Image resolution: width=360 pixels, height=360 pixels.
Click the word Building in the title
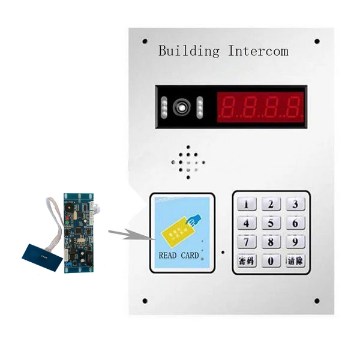click(189, 51)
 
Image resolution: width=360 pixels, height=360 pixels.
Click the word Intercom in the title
click(258, 51)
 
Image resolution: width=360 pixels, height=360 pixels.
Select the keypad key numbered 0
click(271, 261)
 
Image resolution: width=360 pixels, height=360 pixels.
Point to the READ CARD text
click(178, 256)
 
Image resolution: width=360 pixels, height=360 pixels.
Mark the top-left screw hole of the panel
click(145, 41)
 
